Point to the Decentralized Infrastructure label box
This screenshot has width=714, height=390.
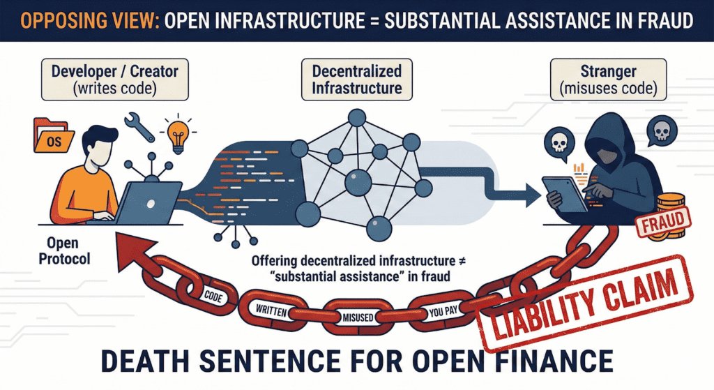click(356, 79)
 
